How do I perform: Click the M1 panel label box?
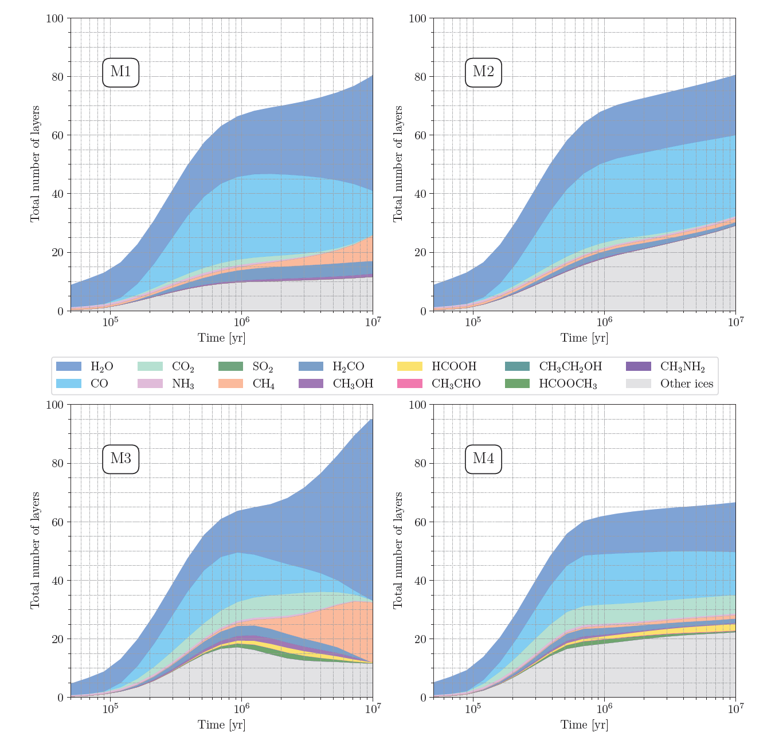(x=120, y=72)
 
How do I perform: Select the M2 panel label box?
(x=483, y=72)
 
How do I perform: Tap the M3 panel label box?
(x=120, y=459)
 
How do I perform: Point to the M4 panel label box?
(x=483, y=459)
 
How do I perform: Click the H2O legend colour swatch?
(x=69, y=367)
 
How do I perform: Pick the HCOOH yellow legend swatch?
(x=410, y=367)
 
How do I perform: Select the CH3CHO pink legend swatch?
(x=410, y=383)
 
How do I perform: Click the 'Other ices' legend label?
(x=686, y=383)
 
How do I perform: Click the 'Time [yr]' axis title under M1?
(x=222, y=338)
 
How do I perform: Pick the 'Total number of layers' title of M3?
(x=36, y=550)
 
